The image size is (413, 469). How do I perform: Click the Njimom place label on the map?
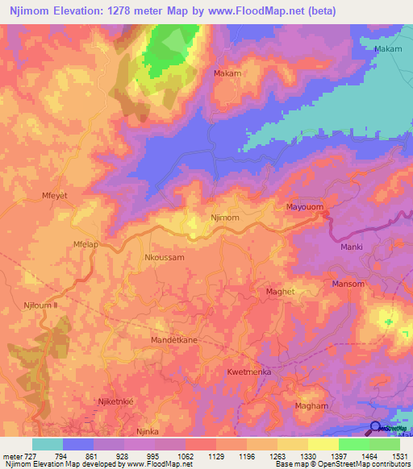point(224,218)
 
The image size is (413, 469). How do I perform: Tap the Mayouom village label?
point(305,207)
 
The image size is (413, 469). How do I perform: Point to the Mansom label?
point(348,284)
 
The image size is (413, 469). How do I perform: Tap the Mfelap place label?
point(86,244)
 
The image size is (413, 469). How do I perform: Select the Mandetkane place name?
point(174,341)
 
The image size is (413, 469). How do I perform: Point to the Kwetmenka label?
point(248,372)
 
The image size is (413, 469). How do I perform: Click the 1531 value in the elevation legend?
point(400,457)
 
